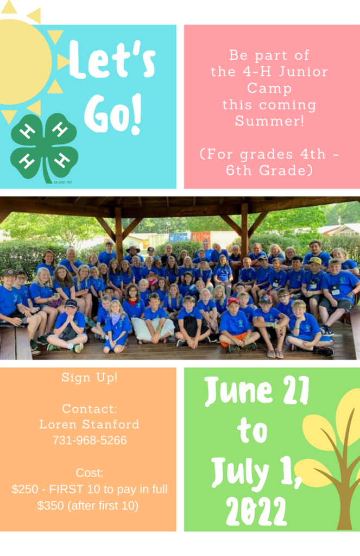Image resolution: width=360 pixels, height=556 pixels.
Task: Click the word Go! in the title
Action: pyautogui.click(x=113, y=114)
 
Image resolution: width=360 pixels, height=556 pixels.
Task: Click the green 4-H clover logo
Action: pyautogui.click(x=44, y=148)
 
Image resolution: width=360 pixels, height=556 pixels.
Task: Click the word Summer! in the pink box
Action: pyautogui.click(x=269, y=121)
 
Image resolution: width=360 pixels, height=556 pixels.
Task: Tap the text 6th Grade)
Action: pyautogui.click(x=269, y=170)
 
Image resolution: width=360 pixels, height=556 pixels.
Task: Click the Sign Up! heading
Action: pyautogui.click(x=90, y=377)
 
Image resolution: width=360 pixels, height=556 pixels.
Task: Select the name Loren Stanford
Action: pyautogui.click(x=90, y=424)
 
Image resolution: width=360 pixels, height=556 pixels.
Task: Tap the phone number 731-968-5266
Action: pyautogui.click(x=90, y=440)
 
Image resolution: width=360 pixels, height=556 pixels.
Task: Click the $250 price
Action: pyautogui.click(x=25, y=489)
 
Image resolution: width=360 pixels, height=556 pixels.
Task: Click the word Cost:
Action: pyautogui.click(x=90, y=473)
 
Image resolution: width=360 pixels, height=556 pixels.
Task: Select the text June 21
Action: pyautogui.click(x=257, y=391)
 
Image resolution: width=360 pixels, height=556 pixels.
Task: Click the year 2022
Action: pyautogui.click(x=256, y=511)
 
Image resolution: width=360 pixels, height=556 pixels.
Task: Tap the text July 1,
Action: pyautogui.click(x=256, y=472)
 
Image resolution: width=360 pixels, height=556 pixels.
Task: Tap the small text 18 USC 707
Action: pyautogui.click(x=63, y=182)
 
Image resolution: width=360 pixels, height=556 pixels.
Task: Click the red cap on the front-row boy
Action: pyautogui.click(x=233, y=301)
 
